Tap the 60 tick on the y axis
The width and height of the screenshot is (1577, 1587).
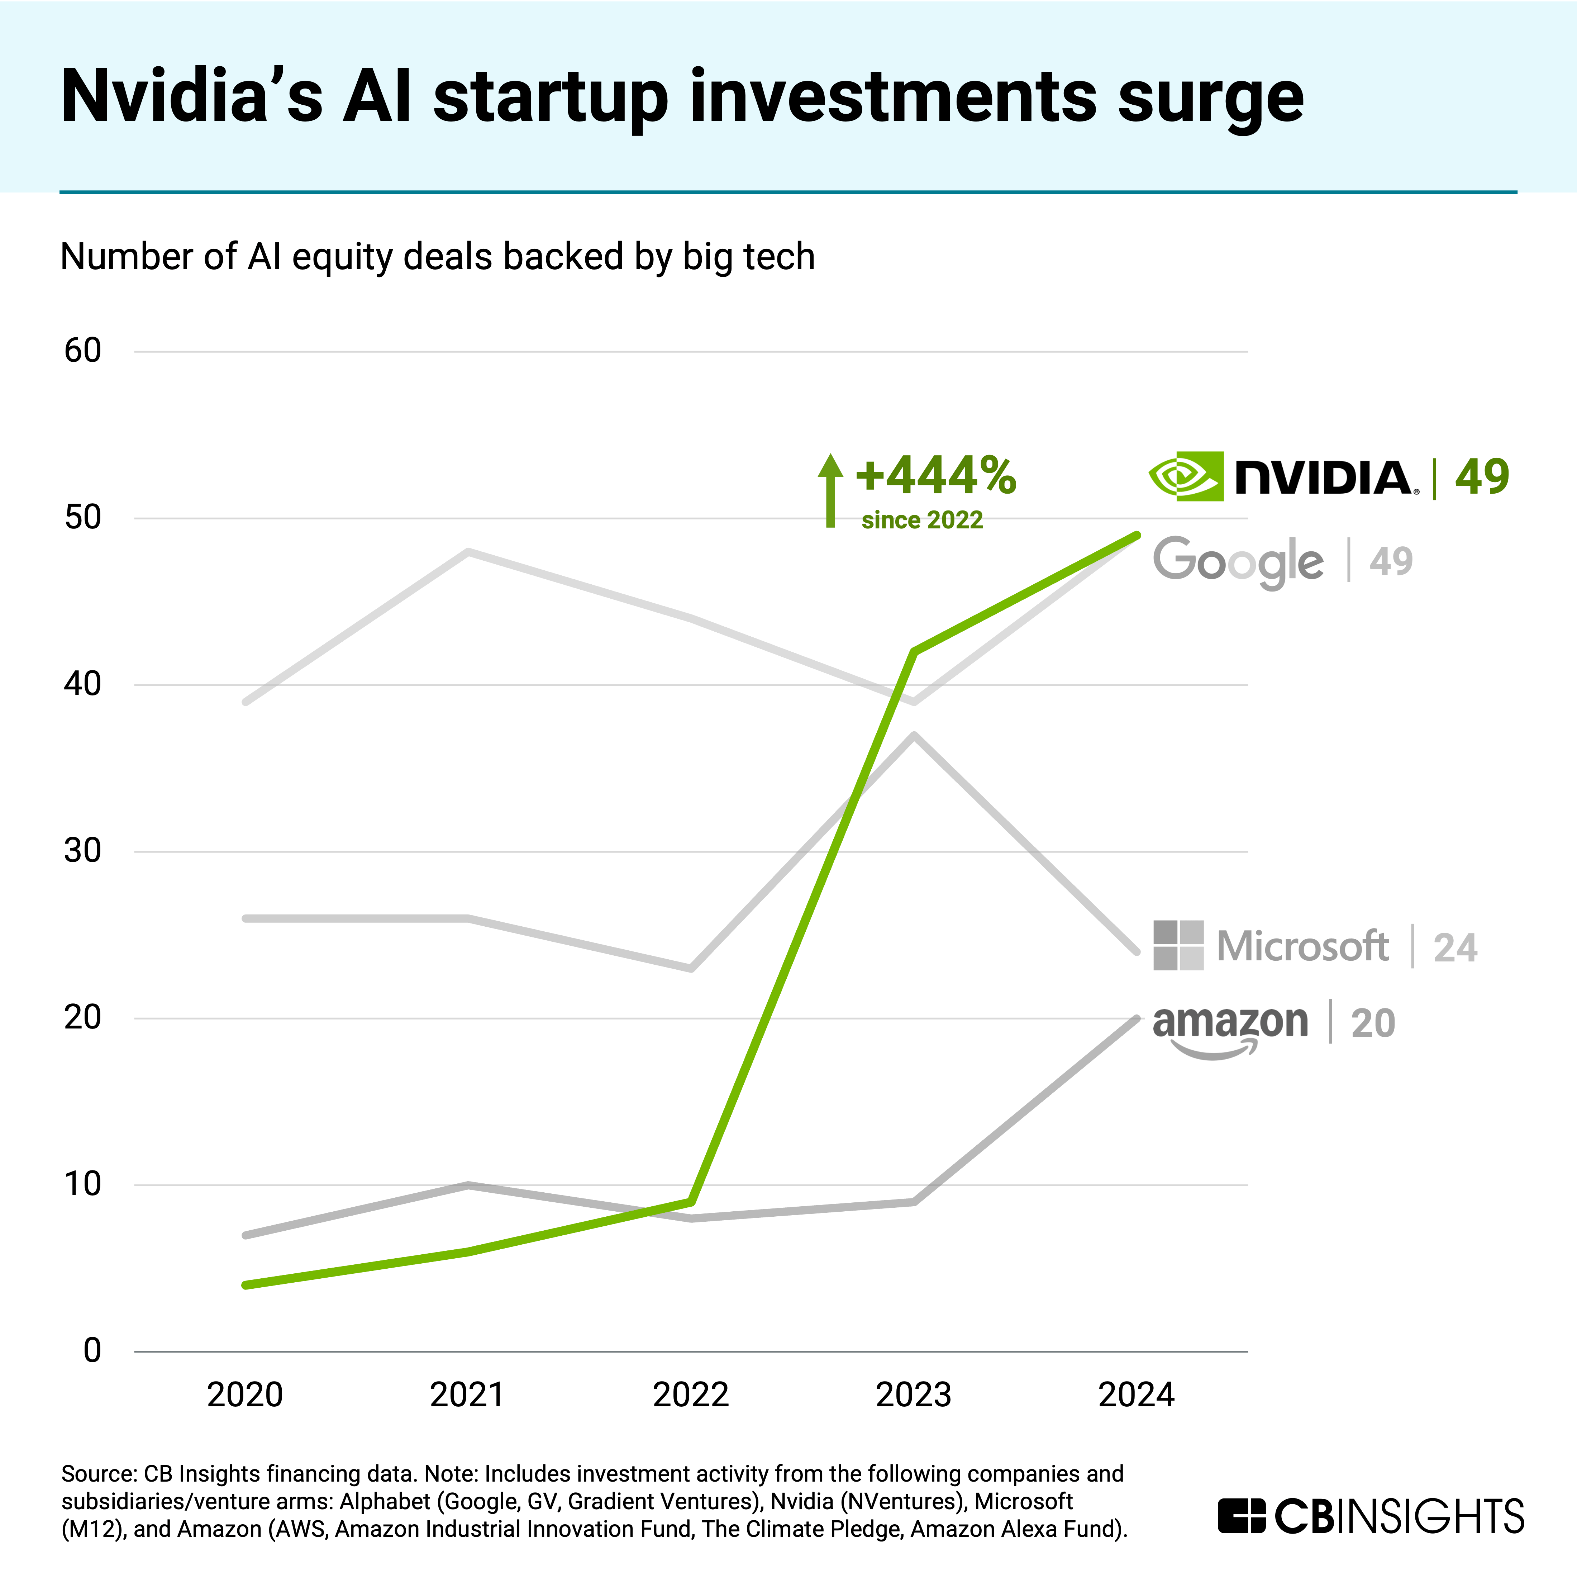tap(82, 351)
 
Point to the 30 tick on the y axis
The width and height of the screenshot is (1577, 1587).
tap(82, 851)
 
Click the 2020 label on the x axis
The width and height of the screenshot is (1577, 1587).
tap(245, 1395)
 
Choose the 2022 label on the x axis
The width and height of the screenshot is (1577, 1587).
tap(691, 1395)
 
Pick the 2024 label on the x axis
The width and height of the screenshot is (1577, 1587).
tap(1137, 1395)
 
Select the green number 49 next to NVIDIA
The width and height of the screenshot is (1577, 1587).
tap(1482, 477)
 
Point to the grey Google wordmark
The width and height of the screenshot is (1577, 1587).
tap(1238, 562)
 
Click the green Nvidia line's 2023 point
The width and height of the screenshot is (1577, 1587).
tap(914, 651)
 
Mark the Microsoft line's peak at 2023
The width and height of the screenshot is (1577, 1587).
tap(914, 735)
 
